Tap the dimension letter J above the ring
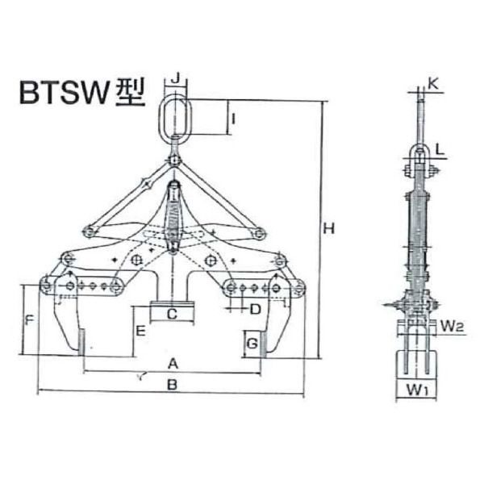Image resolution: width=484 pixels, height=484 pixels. [176, 79]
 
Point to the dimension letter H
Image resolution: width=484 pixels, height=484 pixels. [329, 228]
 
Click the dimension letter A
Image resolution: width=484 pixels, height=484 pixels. [172, 364]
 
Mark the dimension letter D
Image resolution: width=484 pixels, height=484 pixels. [255, 309]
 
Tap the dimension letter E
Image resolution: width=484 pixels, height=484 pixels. [140, 332]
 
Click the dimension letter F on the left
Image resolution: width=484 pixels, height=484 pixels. [29, 320]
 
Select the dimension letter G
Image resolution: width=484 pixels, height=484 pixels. [252, 344]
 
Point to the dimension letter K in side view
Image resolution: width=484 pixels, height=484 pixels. [434, 83]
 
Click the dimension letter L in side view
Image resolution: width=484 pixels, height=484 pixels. [440, 149]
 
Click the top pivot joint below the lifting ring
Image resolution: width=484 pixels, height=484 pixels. [175, 162]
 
